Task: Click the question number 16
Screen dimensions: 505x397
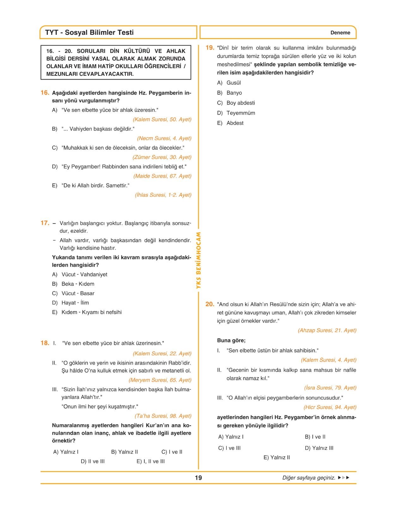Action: click(45, 93)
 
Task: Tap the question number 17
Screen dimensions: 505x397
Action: click(45, 223)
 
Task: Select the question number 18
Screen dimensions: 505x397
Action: click(45, 343)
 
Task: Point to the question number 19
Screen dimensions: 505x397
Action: click(210, 48)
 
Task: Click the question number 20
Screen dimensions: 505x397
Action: click(210, 304)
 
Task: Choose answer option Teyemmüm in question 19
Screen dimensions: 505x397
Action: click(240, 113)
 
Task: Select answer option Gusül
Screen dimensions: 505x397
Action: click(233, 83)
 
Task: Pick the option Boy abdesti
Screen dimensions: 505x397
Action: click(240, 103)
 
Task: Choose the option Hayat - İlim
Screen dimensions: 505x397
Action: click(75, 303)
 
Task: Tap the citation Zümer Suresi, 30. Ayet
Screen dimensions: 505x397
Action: click(162, 157)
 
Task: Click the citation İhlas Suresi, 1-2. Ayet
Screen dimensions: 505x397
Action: click(163, 195)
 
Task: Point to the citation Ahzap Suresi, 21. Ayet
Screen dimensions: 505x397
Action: click(327, 330)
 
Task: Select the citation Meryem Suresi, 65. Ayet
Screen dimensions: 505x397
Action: click(160, 380)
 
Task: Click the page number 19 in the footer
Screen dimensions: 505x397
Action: click(198, 478)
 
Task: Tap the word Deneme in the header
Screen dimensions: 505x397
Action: click(340, 33)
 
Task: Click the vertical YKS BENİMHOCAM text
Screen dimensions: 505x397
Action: click(198, 260)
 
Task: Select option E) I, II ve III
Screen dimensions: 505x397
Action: click(151, 461)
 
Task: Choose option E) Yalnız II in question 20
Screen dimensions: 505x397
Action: click(277, 457)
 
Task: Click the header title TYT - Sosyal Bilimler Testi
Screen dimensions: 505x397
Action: click(89, 33)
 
